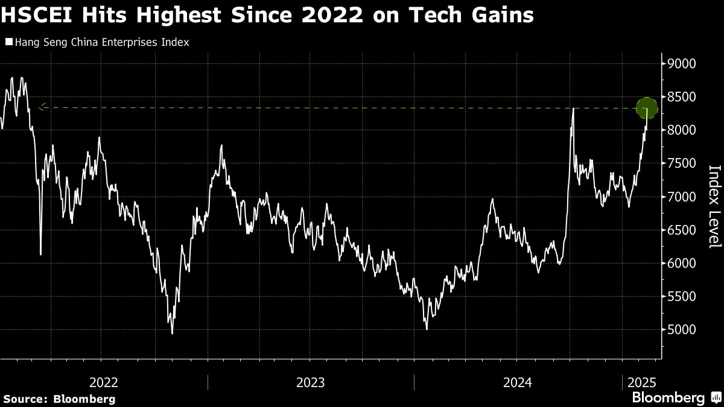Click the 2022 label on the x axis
coord(104,382)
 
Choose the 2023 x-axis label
coord(311,382)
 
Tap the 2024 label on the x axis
coord(518,382)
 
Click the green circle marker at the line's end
coord(647,109)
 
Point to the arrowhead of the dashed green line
coord(41,108)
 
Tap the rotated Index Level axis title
coord(714,206)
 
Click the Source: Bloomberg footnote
coord(59,399)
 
